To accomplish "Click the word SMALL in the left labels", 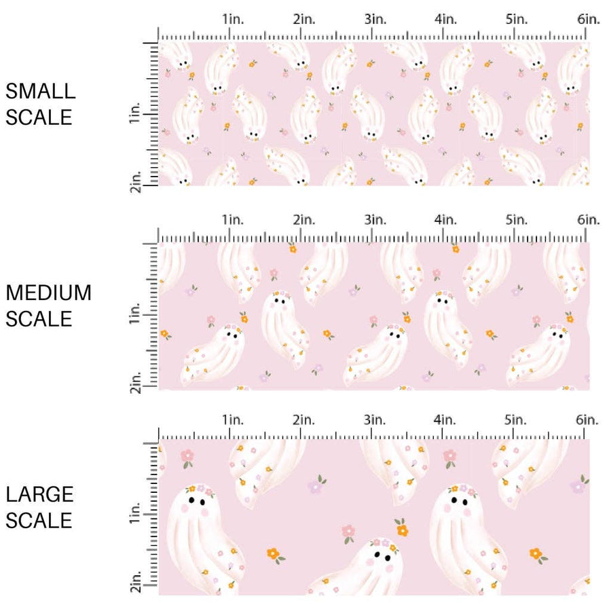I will pyautogui.click(x=40, y=91).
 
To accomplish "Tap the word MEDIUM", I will pyautogui.click(x=49, y=293).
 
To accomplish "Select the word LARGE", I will pyautogui.click(x=39, y=494).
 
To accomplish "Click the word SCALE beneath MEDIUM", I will pyautogui.click(x=39, y=318).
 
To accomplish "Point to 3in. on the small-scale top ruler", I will pyautogui.click(x=374, y=20).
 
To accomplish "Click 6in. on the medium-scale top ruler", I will pyautogui.click(x=589, y=219).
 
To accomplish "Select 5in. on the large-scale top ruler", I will pyautogui.click(x=517, y=420).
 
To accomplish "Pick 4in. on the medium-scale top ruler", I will pyautogui.click(x=445, y=219).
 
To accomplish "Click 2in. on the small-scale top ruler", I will pyautogui.click(x=303, y=20).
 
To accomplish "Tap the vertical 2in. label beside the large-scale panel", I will pyautogui.click(x=135, y=583).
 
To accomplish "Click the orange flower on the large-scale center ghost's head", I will pyautogui.click(x=402, y=530).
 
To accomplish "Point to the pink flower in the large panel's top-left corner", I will pyautogui.click(x=187, y=456).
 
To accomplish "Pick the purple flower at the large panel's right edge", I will pyautogui.click(x=578, y=485).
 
